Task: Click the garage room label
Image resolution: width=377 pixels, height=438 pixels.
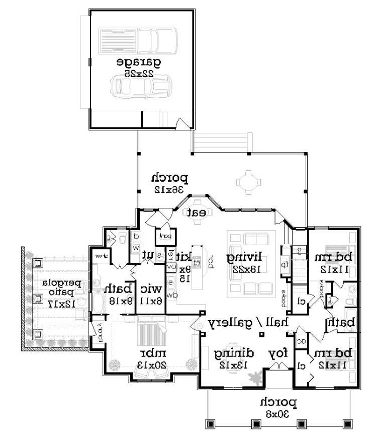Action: click(139, 62)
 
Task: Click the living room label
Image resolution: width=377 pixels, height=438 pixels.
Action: click(246, 258)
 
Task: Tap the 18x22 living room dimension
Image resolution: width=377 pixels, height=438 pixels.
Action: click(246, 269)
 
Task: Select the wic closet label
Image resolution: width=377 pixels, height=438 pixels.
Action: click(151, 288)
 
